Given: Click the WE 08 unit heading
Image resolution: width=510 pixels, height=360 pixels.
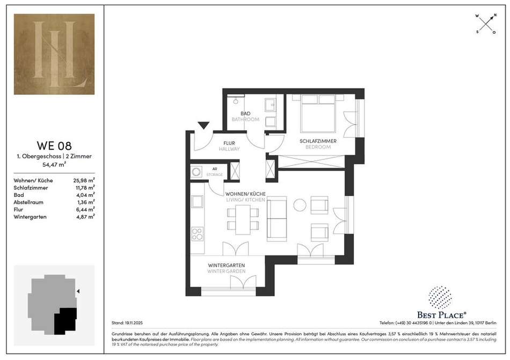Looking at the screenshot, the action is click(54, 145).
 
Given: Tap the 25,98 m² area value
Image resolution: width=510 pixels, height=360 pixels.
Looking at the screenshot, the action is click(84, 180).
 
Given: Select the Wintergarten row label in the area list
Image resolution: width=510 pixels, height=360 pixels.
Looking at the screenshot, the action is click(30, 217).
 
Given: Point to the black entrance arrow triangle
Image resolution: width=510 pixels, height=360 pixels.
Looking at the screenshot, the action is click(203, 126).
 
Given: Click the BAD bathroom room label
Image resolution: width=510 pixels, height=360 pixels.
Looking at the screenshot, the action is click(245, 113).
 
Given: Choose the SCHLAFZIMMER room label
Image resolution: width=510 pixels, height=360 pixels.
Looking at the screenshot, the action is click(318, 141).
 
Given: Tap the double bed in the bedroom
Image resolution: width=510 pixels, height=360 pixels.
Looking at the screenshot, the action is click(318, 113).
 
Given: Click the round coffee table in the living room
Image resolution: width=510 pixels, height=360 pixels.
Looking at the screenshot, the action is click(300, 205).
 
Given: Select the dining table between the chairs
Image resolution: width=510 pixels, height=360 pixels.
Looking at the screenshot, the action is click(243, 219).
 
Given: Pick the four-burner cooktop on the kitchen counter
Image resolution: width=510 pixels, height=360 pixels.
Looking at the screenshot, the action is click(197, 233).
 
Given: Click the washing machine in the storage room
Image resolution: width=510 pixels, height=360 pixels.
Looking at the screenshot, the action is click(196, 172).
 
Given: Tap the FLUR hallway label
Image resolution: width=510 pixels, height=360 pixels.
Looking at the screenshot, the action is click(229, 143).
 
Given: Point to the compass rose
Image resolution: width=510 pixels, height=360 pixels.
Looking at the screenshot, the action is click(486, 24).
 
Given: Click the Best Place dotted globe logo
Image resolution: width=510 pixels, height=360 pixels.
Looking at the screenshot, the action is click(440, 297).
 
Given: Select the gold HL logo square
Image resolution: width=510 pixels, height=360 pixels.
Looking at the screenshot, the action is click(54, 54).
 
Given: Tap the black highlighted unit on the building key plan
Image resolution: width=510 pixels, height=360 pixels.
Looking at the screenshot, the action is click(65, 321).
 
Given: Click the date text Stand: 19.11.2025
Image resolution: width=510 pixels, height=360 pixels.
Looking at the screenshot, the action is click(127, 323).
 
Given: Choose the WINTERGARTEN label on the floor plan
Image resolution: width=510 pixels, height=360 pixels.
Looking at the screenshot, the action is click(227, 266).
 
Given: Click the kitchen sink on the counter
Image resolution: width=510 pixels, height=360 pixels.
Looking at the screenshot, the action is click(197, 202).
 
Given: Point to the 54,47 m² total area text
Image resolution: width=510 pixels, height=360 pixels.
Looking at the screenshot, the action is click(54, 164).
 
